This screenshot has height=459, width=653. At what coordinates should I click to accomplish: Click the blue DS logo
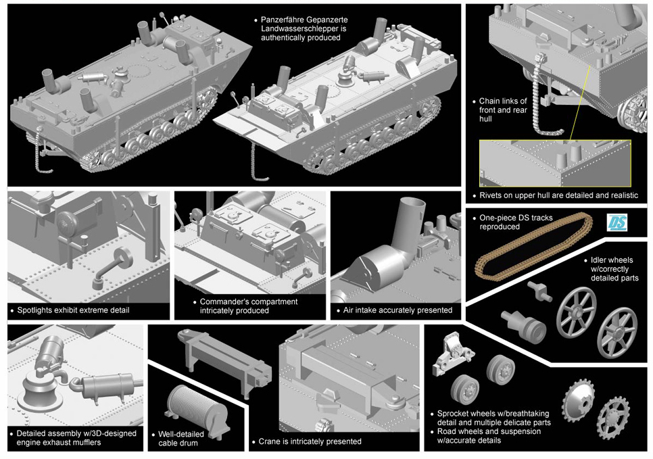(x=616, y=222)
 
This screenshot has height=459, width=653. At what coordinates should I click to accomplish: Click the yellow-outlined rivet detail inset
(x=554, y=162)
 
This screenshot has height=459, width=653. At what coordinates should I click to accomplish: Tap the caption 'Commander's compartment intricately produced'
(x=248, y=306)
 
